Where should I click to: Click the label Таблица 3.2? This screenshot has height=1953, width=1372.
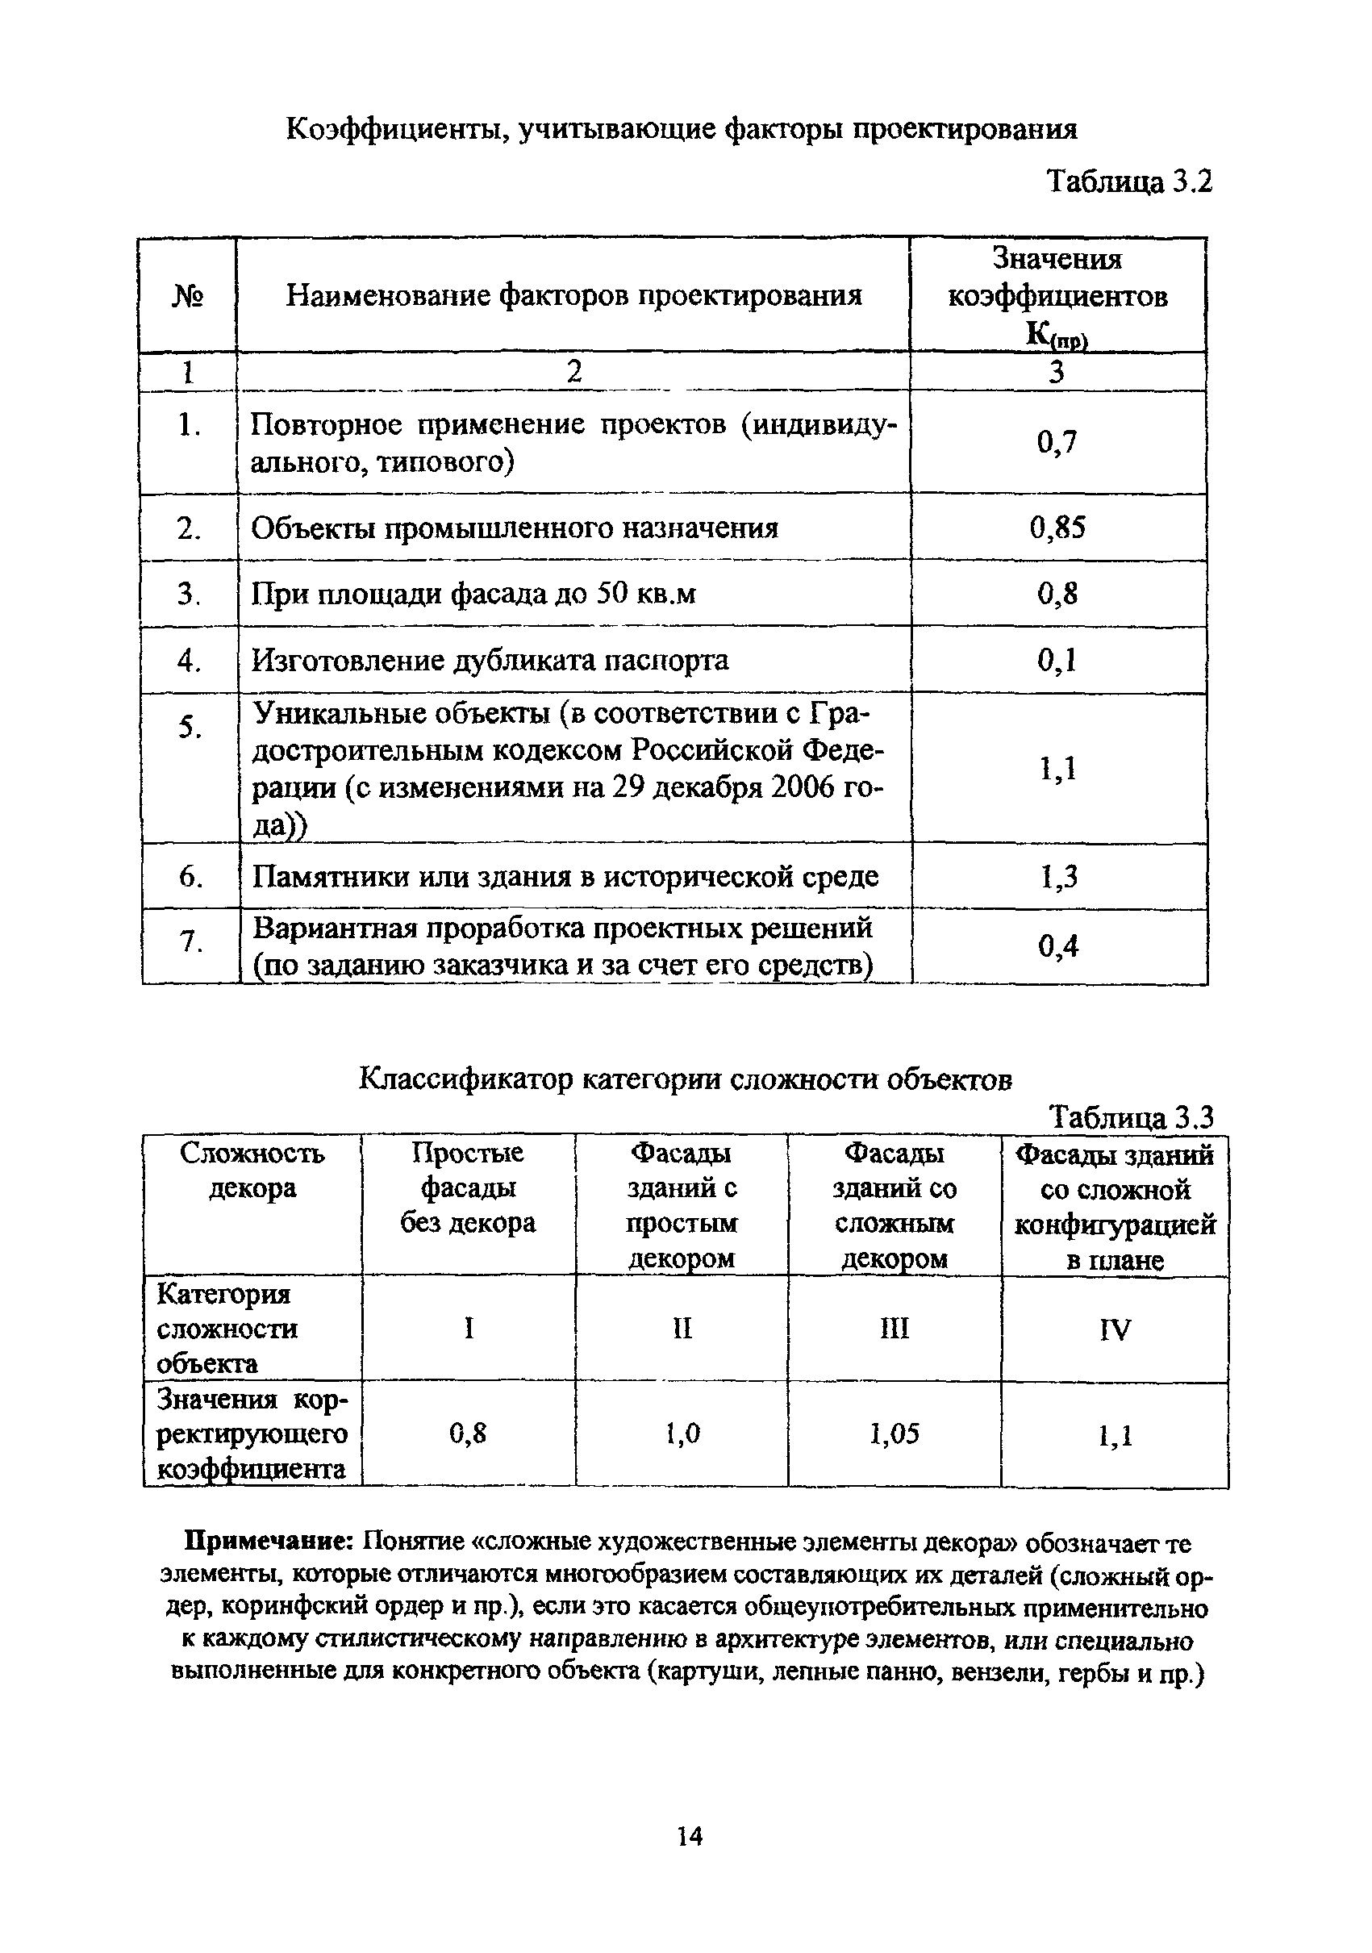click(1128, 182)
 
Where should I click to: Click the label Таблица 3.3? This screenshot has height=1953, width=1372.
click(1131, 1116)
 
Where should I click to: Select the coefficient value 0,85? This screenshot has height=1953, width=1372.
click(1057, 528)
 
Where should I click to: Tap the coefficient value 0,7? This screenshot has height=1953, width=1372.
click(1057, 442)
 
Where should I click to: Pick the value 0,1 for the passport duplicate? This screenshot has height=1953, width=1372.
click(1057, 660)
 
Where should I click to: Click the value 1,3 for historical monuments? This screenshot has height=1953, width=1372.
click(1058, 876)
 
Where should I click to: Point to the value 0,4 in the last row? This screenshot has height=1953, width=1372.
click(1058, 946)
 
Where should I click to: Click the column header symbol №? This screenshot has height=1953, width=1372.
click(187, 296)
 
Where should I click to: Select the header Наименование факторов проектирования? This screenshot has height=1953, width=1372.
click(573, 296)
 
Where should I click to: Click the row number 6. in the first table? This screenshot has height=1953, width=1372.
click(190, 877)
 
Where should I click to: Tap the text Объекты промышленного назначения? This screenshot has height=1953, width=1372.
click(515, 528)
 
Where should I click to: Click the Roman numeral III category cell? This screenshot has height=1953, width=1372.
click(894, 1328)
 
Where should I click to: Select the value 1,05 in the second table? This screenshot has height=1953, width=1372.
click(894, 1435)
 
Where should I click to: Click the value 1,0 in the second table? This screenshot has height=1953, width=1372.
click(682, 1435)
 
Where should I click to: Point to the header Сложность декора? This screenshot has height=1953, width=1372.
click(252, 1171)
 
